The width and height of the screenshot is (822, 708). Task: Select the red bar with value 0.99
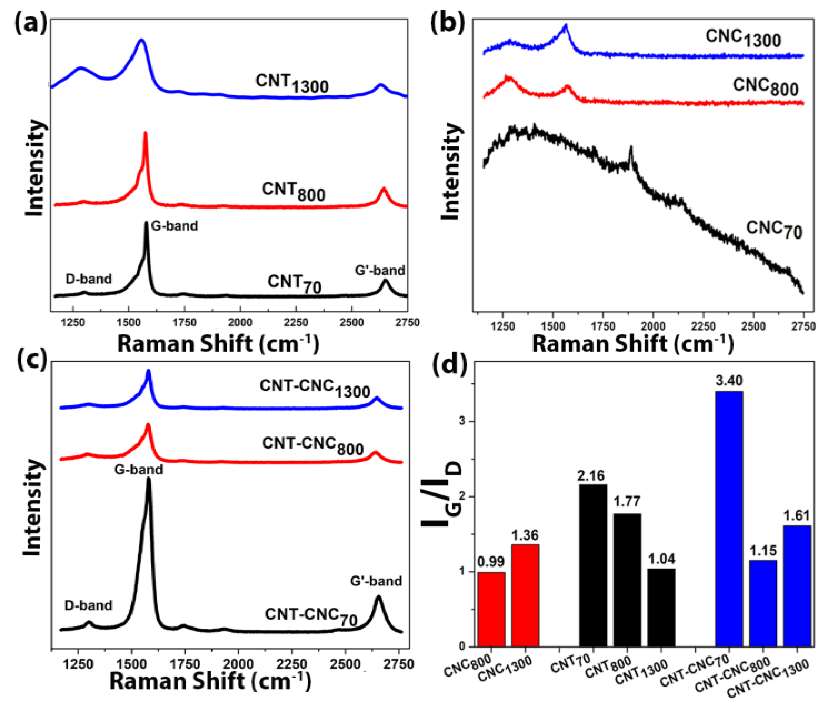491,609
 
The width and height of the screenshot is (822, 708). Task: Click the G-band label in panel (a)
174,226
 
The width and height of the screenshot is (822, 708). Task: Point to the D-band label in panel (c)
88,606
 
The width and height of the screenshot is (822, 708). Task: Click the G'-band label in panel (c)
376,581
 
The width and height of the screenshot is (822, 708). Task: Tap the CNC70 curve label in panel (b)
774,230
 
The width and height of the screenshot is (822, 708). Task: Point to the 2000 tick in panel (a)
240,322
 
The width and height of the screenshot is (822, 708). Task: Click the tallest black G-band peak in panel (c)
149,481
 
